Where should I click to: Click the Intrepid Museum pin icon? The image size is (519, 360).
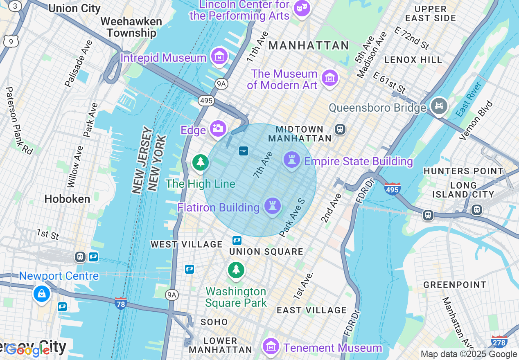(220, 56)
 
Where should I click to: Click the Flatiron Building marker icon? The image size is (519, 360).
(272, 206)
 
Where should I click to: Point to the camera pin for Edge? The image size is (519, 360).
(218, 129)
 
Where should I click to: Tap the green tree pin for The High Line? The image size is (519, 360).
(200, 162)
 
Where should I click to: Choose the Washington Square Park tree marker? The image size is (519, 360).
(236, 270)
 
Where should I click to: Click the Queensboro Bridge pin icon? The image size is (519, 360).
(439, 106)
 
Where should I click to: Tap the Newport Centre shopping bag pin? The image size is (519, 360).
(42, 293)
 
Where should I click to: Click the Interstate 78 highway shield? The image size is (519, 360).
(120, 304)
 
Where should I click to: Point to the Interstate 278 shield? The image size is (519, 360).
(499, 341)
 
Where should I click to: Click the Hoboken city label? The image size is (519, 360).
(67, 199)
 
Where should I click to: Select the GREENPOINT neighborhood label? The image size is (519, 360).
(455, 285)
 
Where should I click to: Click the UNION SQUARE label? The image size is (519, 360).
(266, 252)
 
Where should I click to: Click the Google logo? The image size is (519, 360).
(28, 350)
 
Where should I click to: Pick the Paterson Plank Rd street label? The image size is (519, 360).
(19, 121)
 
